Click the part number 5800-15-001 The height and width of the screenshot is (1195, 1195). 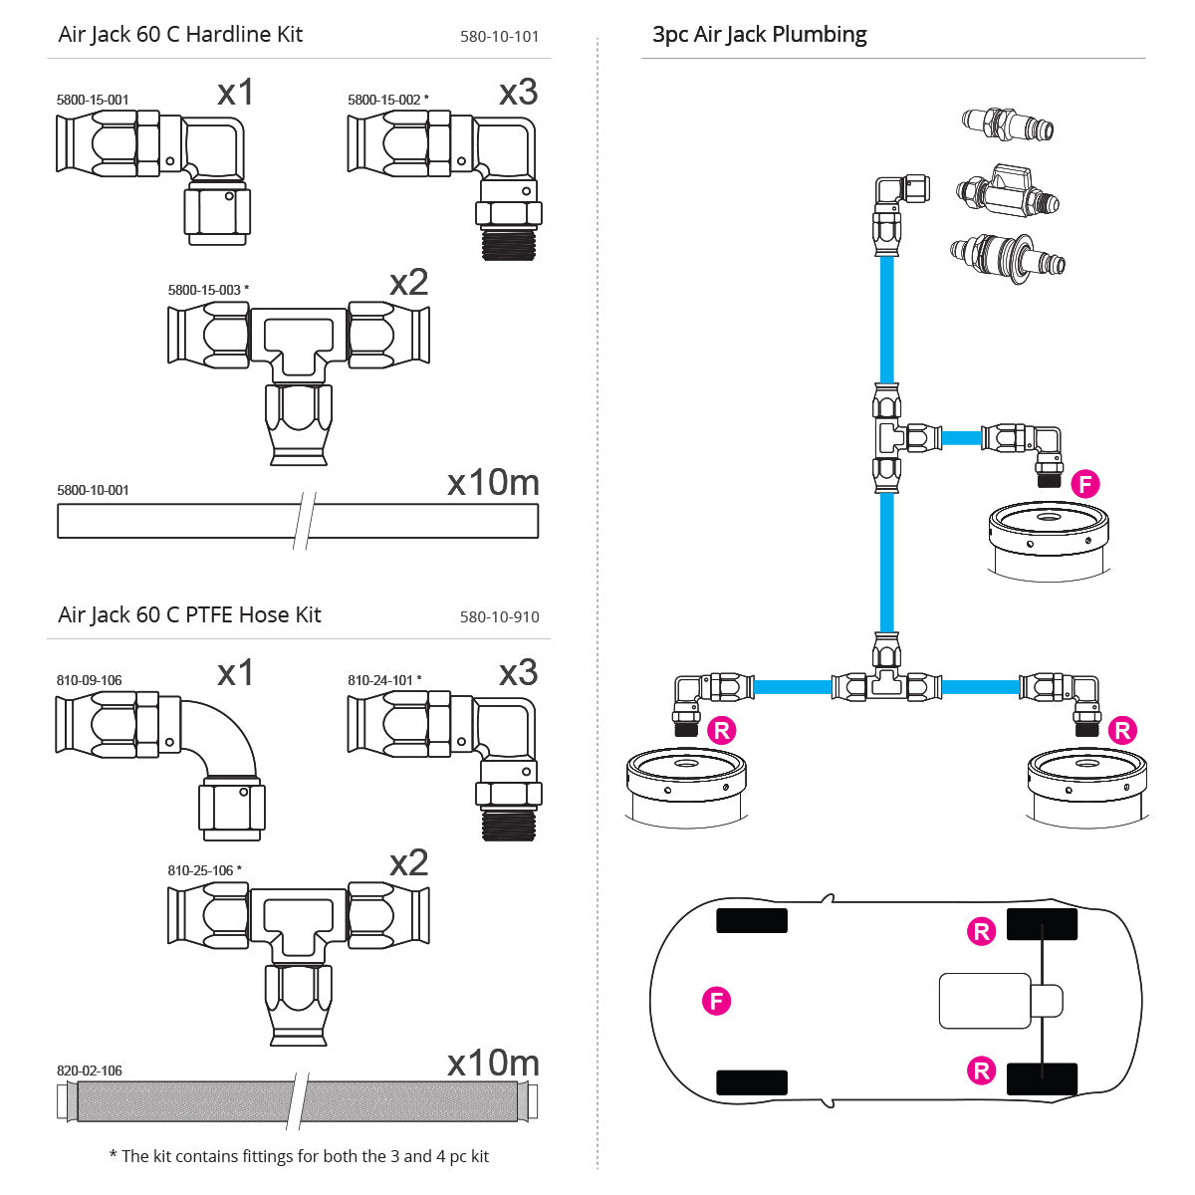tap(93, 100)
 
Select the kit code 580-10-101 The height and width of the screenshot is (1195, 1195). tap(499, 37)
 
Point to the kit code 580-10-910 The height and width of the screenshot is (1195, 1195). tap(499, 617)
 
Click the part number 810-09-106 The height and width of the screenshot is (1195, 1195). tap(90, 680)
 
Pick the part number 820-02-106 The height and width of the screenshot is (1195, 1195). tap(90, 1071)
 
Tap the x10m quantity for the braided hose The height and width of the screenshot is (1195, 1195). tap(493, 1063)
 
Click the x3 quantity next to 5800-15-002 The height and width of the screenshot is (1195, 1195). tap(518, 93)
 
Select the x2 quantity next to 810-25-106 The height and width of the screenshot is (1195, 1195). tap(408, 862)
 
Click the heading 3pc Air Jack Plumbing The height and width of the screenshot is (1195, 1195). tap(759, 35)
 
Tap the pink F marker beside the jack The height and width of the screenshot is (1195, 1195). tap(1084, 485)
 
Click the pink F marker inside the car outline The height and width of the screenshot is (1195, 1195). tap(716, 1000)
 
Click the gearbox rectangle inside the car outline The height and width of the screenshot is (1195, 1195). tap(985, 1001)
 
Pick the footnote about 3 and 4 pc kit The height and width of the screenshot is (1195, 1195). tap(299, 1156)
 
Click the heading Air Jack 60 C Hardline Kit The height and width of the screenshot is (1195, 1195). tap(180, 34)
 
